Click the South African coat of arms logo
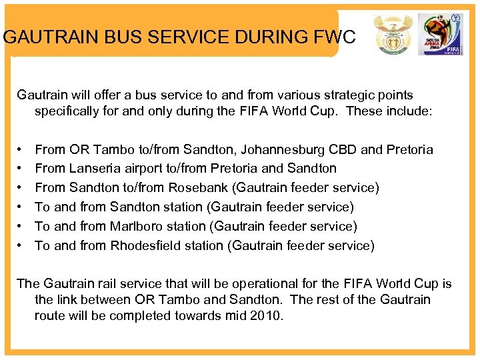[393, 34]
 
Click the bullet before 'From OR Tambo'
[21, 150]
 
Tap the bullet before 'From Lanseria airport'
[21, 169]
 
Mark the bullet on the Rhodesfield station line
[21, 246]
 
